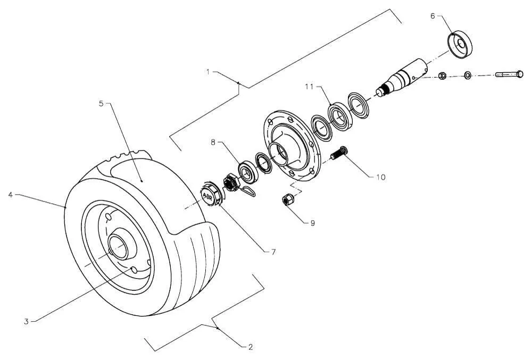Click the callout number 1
(x=209, y=72)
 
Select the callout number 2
(x=251, y=347)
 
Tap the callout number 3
(x=26, y=321)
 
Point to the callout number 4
(x=11, y=195)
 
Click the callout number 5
(x=101, y=103)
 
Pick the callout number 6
(x=433, y=16)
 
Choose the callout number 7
(x=273, y=252)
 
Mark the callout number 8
(x=213, y=143)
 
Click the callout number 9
(x=312, y=223)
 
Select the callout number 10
(x=381, y=177)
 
